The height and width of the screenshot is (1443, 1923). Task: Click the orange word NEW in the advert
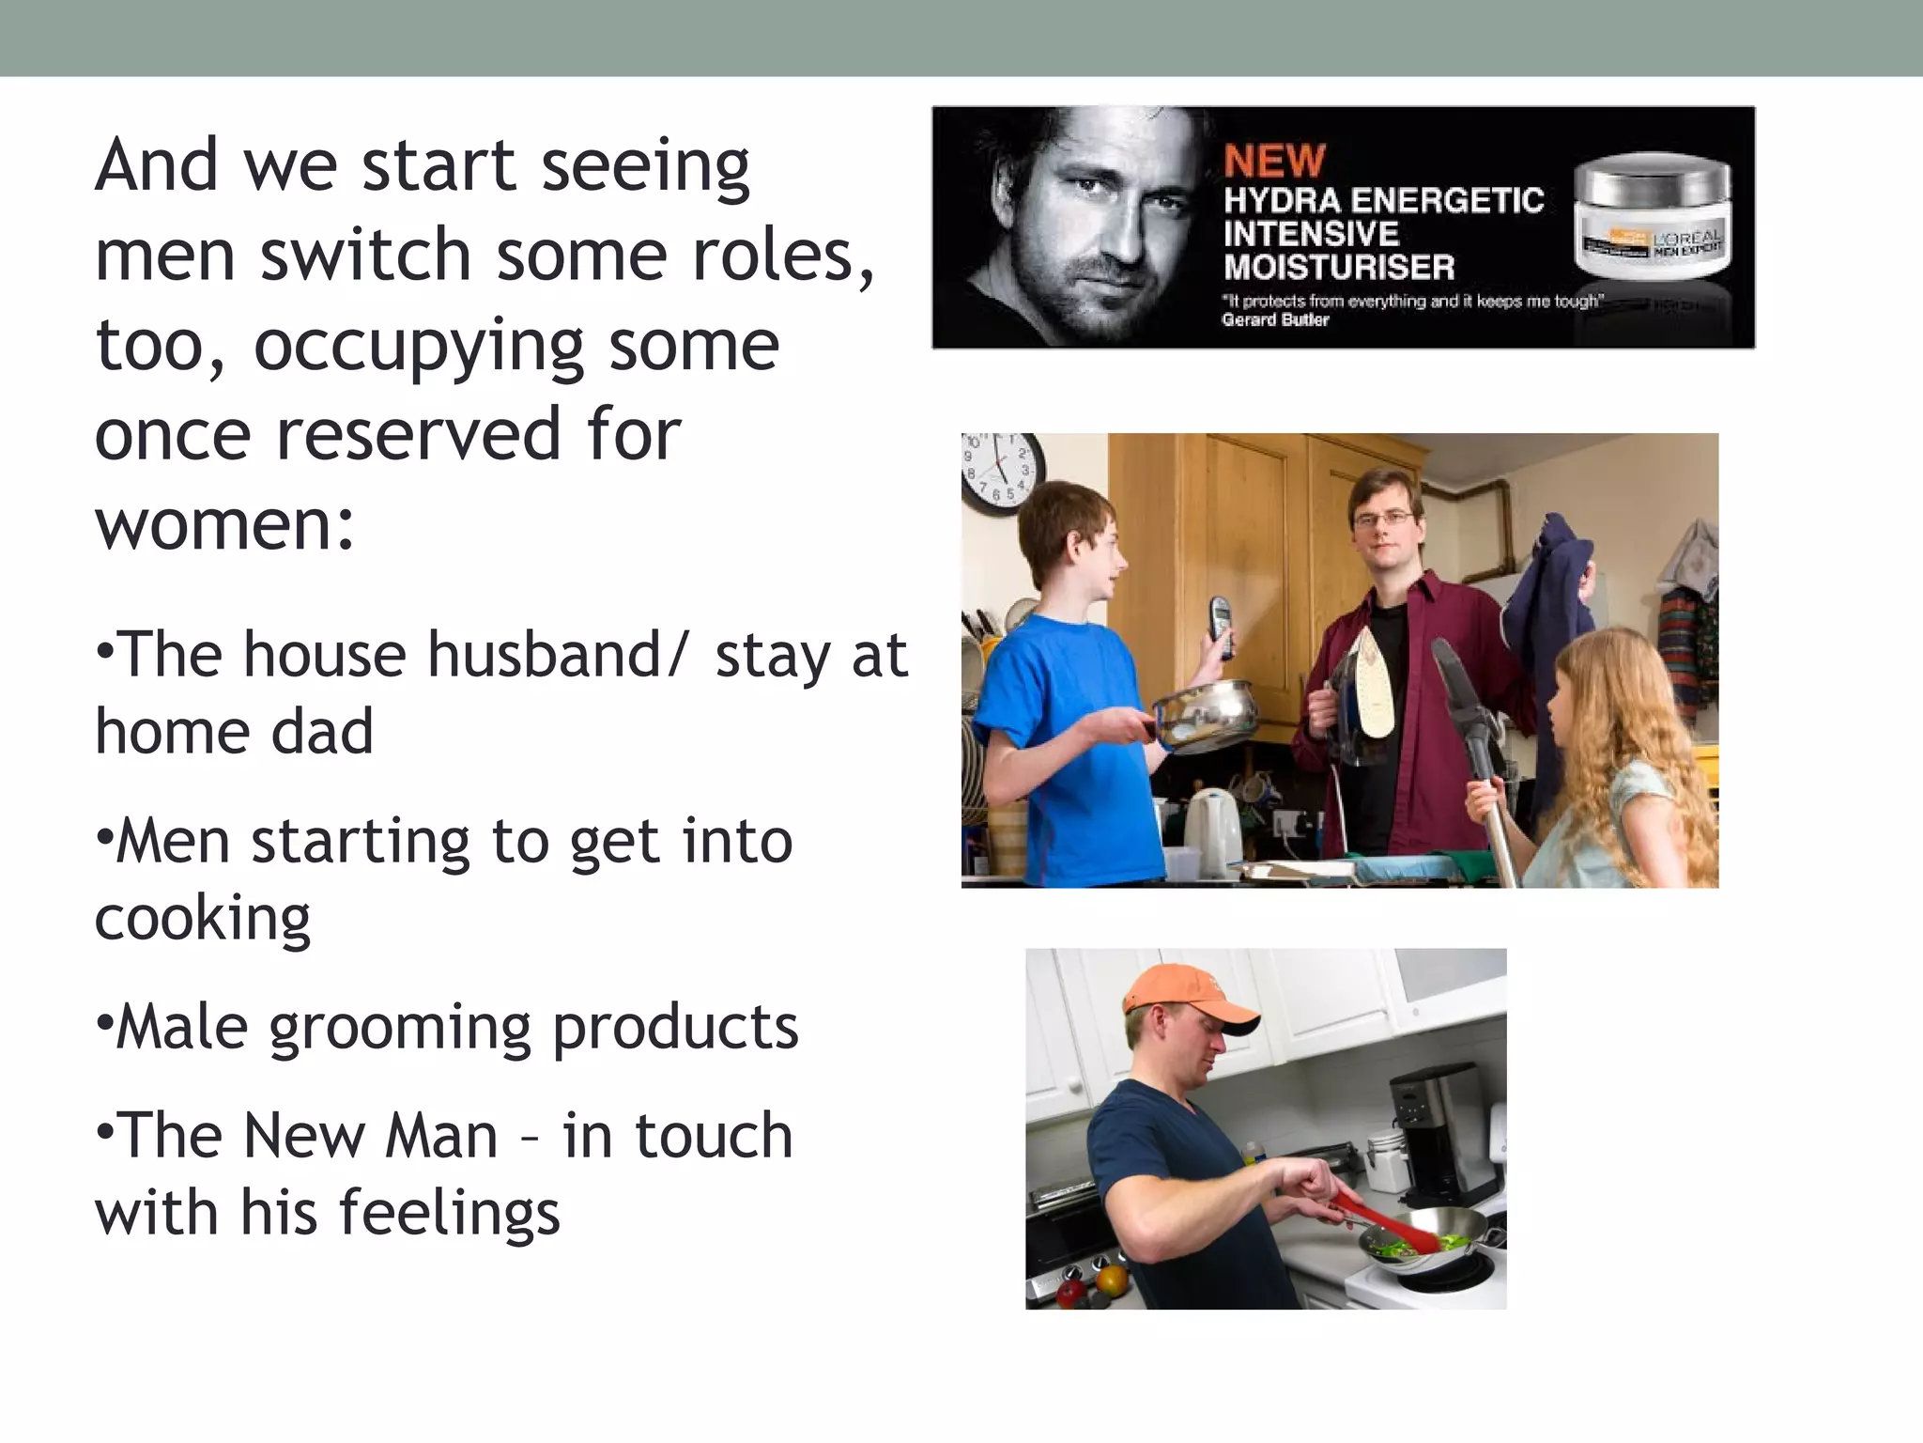point(1274,161)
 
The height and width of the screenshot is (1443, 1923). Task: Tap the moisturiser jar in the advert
point(1652,218)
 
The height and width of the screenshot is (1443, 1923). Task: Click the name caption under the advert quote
point(1275,320)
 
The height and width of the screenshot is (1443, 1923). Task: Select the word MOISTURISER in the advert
point(1339,268)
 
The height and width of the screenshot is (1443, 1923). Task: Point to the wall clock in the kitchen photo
point(1001,472)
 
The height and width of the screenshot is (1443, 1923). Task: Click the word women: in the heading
point(225,524)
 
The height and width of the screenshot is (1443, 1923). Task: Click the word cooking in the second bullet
point(203,919)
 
